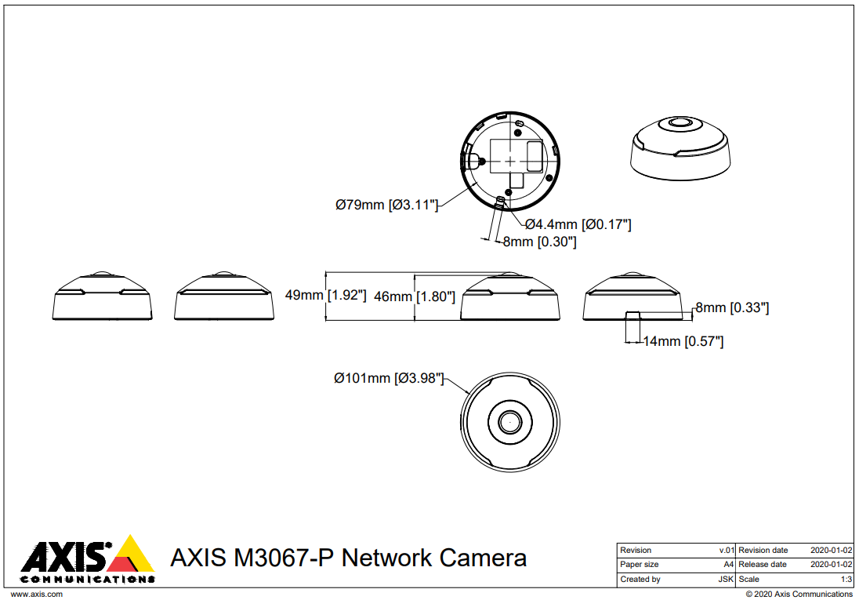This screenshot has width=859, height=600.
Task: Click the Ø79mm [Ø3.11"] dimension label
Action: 386,205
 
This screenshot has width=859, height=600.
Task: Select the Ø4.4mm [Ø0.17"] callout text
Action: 578,224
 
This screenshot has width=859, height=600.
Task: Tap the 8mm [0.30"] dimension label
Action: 539,242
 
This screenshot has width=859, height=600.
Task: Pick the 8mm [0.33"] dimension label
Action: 732,308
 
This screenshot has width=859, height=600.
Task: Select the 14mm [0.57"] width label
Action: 683,341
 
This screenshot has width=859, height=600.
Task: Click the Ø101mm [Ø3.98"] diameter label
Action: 389,379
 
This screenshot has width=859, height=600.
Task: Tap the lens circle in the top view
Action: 510,421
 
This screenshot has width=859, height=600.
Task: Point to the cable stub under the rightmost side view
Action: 632,325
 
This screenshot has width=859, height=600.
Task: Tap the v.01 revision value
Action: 727,551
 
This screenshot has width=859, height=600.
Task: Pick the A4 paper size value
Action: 728,565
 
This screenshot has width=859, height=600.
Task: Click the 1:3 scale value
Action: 846,580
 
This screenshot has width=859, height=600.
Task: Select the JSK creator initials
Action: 726,580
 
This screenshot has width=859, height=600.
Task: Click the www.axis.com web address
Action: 36,595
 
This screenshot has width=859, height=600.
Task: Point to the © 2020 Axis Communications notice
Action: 799,595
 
